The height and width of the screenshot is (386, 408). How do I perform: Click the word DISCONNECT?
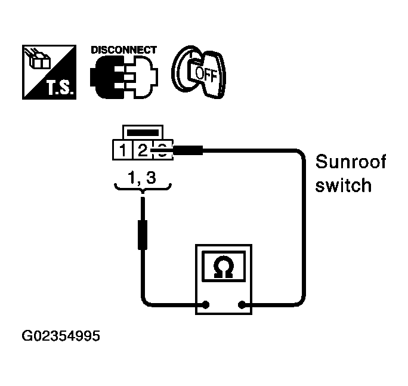tap(124, 50)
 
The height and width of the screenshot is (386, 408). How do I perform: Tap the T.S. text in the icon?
tap(60, 88)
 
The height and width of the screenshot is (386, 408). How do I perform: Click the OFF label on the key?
tap(206, 75)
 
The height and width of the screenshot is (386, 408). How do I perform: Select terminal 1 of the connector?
tap(122, 150)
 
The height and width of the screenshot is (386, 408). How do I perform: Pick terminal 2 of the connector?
tap(143, 150)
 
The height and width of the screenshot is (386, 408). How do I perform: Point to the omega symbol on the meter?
tap(223, 267)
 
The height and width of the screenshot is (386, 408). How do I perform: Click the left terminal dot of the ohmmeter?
tap(206, 304)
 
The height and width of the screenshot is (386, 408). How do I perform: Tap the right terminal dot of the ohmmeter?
tap(242, 304)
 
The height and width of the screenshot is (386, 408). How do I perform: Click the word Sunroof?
tap(351, 162)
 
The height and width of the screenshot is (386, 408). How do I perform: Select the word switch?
tap(343, 185)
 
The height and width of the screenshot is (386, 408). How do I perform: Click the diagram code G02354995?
tap(61, 336)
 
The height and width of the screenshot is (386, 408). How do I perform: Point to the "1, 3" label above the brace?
tap(142, 178)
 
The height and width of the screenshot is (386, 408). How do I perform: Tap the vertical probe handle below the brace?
tap(143, 235)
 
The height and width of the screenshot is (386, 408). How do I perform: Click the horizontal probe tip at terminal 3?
tap(188, 150)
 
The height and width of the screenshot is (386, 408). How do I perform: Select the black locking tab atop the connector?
tap(143, 133)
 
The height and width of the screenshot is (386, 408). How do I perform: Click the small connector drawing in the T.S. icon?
tap(37, 59)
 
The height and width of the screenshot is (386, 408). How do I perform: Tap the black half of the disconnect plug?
tap(107, 77)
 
